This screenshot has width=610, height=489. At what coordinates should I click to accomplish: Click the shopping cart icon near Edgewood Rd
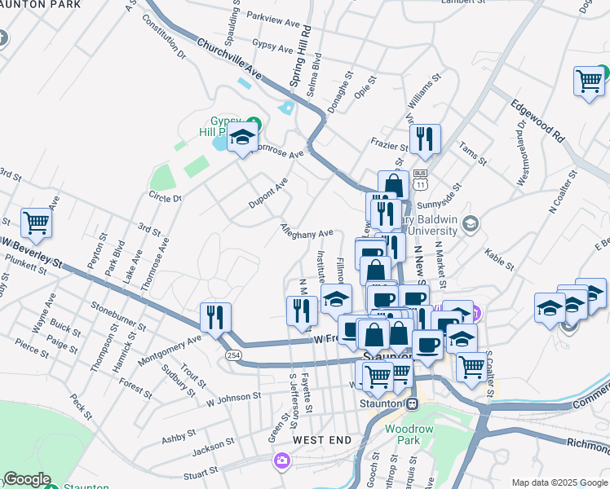(589, 81)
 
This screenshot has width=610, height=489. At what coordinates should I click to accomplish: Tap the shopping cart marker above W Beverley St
(36, 222)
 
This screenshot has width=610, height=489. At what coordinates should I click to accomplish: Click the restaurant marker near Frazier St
(425, 139)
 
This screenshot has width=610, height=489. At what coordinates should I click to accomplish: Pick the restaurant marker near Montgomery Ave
(215, 318)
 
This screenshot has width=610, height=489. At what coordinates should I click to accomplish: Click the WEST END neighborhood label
(322, 440)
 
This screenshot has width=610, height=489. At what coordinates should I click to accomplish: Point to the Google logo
(27, 479)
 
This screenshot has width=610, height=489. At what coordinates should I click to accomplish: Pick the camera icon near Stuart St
(281, 461)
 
